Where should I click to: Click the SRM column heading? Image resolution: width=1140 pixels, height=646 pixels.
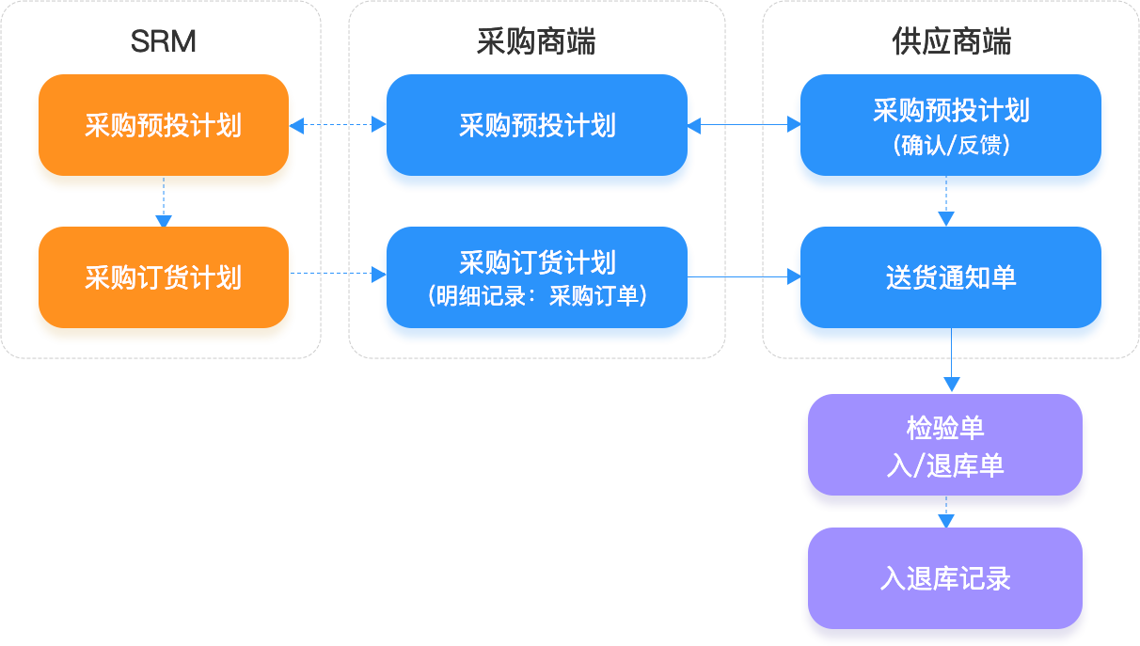[163, 41]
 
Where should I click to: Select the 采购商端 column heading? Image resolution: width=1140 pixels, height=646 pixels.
[536, 41]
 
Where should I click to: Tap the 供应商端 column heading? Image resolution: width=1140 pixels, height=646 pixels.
[950, 41]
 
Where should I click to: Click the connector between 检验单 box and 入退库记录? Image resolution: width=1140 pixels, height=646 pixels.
[946, 518]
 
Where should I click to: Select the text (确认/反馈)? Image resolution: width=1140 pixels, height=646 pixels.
[950, 146]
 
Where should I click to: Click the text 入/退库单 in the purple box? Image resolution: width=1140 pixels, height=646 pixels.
[945, 465]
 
